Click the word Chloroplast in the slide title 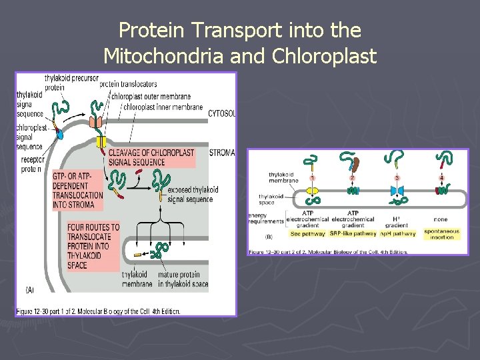325,57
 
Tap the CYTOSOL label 221,113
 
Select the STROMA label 221,153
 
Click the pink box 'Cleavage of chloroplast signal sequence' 151,157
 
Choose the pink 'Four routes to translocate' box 93,246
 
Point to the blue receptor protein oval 59,135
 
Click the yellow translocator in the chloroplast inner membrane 101,141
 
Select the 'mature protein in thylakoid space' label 183,279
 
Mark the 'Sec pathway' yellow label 307,234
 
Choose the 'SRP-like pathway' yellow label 353,234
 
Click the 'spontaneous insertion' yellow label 441,234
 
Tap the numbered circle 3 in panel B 398,178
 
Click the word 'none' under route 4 440,219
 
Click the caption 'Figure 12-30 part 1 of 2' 97,310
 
